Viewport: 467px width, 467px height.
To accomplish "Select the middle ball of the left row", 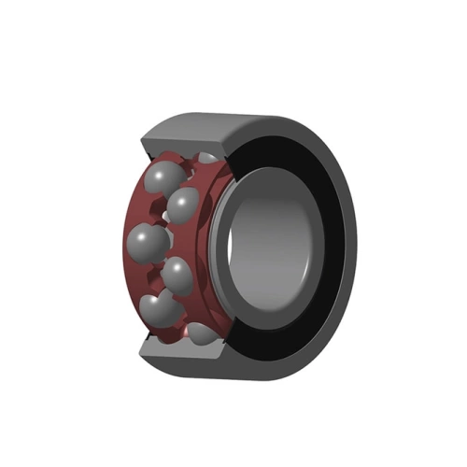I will (x=149, y=242).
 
